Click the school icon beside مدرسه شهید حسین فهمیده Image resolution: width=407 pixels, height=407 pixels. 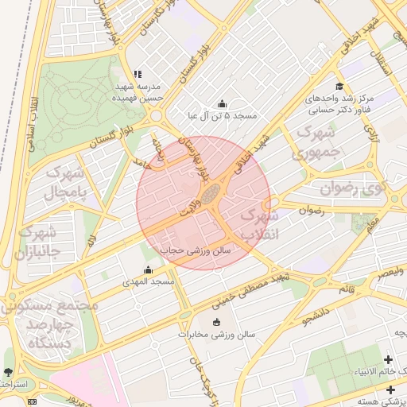point(138,75)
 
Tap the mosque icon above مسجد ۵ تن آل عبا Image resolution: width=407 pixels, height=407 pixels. point(222,103)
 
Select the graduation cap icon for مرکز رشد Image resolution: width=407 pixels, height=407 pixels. point(339,87)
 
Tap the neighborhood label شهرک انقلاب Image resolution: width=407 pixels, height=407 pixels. point(260,223)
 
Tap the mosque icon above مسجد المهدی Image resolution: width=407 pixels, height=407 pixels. point(147,270)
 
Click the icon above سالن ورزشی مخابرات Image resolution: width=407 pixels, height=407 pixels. point(216,322)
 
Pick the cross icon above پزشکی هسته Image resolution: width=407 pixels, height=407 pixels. point(390,390)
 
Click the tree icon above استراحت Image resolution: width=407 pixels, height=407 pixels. point(8,372)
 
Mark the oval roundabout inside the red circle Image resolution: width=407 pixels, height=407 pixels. point(210,194)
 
